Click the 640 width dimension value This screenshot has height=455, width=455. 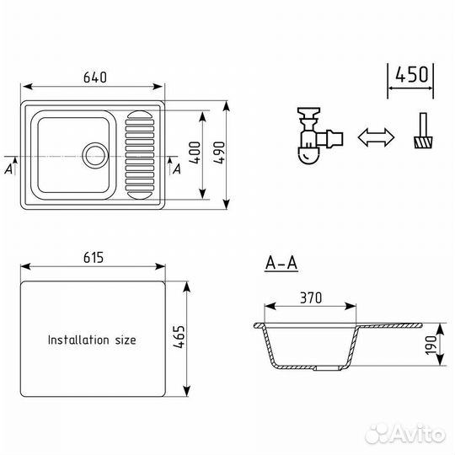[x=95, y=78]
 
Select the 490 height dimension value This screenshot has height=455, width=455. [x=219, y=153]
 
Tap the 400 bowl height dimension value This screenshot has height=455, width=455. [x=195, y=153]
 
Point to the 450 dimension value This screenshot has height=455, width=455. [x=411, y=75]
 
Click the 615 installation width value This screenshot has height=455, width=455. [x=94, y=257]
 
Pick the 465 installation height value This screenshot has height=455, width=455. [x=179, y=336]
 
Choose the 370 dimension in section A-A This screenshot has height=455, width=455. [x=311, y=297]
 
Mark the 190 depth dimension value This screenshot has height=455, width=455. [x=431, y=345]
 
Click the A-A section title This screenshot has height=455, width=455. [x=281, y=264]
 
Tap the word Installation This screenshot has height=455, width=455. [x=78, y=340]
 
